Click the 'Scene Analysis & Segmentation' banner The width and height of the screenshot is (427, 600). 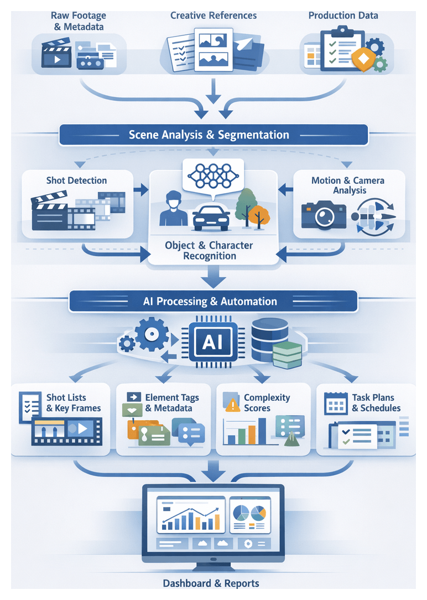click(x=213, y=135)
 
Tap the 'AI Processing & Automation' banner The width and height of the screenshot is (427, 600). click(x=213, y=302)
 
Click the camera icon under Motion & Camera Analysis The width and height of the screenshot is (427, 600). click(x=324, y=216)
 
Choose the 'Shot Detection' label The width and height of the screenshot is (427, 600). click(x=77, y=180)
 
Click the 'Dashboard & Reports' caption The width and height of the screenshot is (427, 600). click(x=211, y=583)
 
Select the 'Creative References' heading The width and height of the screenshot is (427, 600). click(x=213, y=15)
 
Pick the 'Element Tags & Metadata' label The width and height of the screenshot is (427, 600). click(x=171, y=403)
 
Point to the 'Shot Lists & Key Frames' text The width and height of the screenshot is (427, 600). click(x=73, y=403)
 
